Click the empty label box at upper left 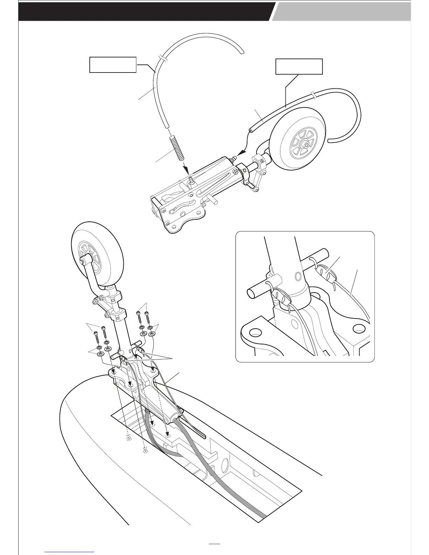click(113, 64)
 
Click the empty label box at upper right click(299, 67)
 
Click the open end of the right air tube click(250, 130)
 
